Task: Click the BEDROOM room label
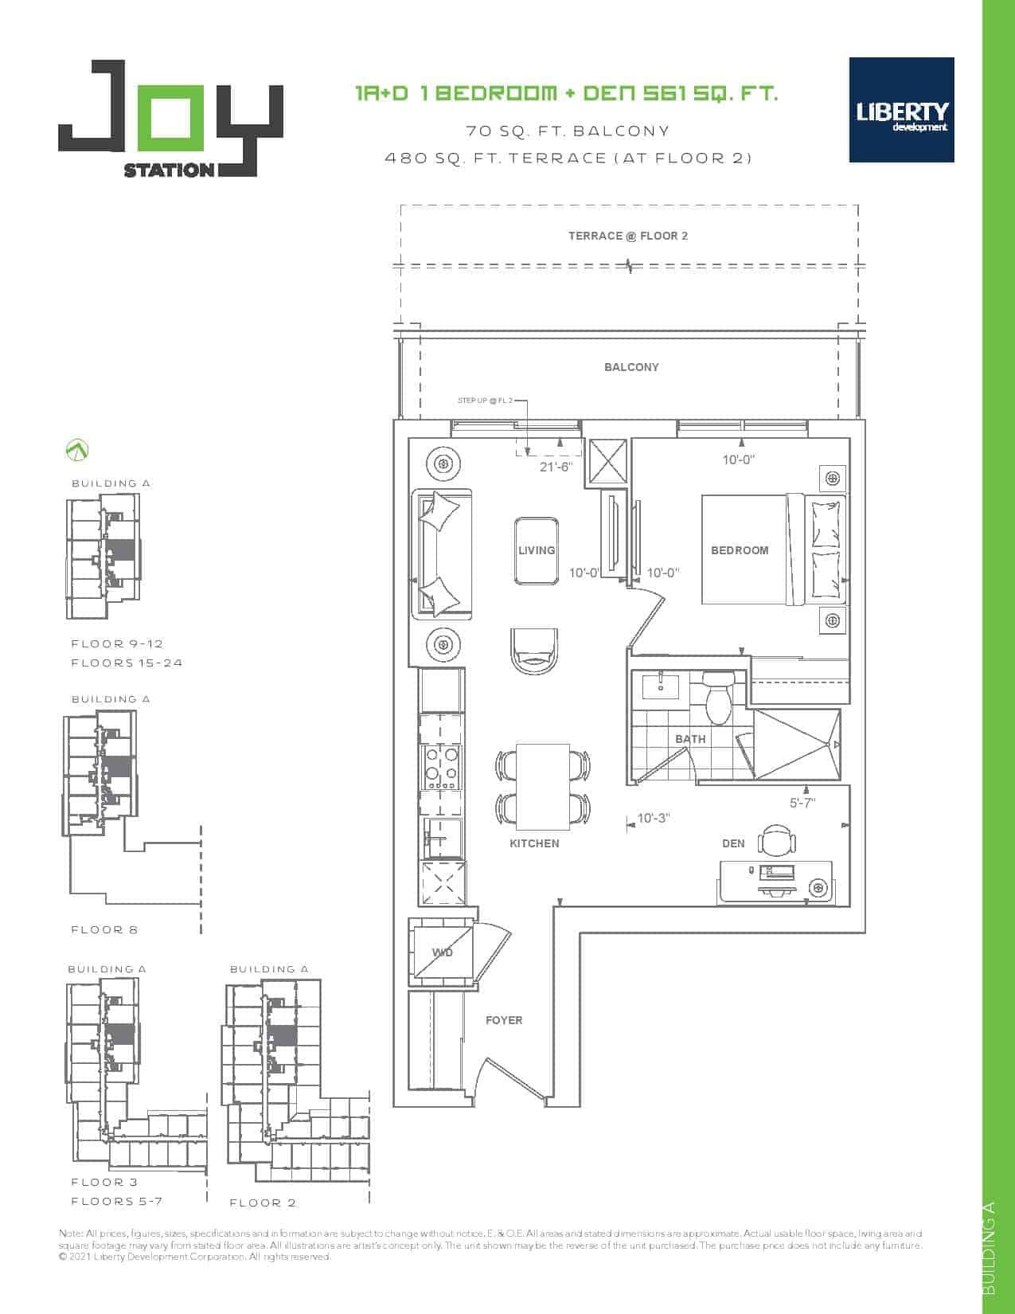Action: click(740, 550)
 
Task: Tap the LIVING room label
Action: click(537, 550)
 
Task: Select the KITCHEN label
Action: click(534, 843)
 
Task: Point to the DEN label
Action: click(732, 843)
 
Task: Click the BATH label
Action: click(689, 739)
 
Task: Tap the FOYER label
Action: click(504, 1020)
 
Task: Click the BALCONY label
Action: click(631, 367)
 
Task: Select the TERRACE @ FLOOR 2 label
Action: click(627, 236)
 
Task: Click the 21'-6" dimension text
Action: click(556, 466)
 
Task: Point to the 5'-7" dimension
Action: click(802, 803)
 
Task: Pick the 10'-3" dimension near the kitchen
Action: click(653, 818)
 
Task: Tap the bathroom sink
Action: click(660, 686)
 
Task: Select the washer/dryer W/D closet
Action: click(441, 952)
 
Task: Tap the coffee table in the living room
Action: click(536, 550)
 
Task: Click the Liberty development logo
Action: click(901, 110)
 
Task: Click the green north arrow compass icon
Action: click(76, 450)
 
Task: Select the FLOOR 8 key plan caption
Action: click(104, 929)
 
